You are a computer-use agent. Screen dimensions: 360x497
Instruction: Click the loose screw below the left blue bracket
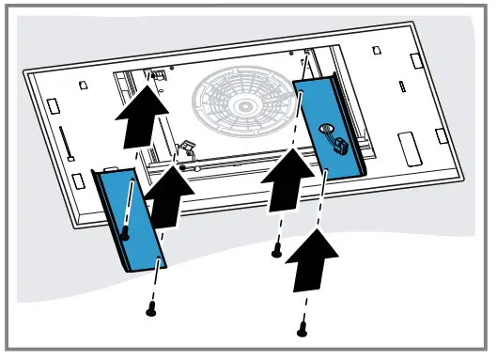tap(150, 308)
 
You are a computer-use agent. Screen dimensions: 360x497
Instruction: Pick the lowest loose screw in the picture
tap(302, 330)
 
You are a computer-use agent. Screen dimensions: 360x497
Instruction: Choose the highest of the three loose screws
tap(276, 251)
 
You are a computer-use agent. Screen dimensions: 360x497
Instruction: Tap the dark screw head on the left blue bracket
tap(125, 239)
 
